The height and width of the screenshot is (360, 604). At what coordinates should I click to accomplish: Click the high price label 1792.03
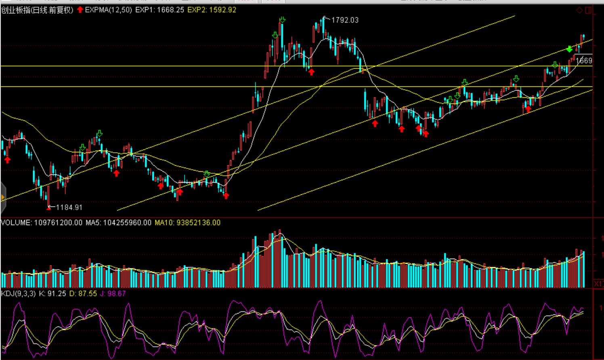coord(344,20)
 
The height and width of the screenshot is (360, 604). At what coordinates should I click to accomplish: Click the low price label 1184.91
coord(69,208)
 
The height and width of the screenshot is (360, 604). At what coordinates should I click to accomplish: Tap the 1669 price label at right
coord(584,61)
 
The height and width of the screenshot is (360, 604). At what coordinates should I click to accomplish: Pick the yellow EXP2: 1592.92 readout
coord(212,10)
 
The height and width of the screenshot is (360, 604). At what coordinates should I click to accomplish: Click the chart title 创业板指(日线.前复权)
coord(37,10)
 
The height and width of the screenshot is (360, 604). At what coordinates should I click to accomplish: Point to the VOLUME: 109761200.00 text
coord(42,223)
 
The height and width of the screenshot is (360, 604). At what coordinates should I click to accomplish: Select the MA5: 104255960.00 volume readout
coord(118,223)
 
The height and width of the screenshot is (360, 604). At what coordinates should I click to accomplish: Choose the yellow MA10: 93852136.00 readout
coord(187,223)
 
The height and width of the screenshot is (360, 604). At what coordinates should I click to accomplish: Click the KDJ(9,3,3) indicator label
coord(18,294)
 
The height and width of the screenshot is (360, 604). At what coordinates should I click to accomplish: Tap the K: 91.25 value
coord(52,294)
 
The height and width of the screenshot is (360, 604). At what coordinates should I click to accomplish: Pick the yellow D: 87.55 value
coord(83,294)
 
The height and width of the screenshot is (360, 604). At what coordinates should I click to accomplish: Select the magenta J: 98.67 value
coord(113,294)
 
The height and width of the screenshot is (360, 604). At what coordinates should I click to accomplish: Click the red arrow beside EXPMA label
coord(80,10)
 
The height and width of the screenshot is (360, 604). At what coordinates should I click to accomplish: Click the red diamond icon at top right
coord(579,10)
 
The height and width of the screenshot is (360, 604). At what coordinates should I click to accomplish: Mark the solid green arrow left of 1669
coord(569,49)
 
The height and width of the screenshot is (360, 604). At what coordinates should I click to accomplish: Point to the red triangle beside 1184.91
coord(49,208)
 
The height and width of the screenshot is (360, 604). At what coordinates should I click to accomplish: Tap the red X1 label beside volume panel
coord(598,284)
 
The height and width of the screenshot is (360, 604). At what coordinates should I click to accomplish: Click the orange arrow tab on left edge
coord(2,198)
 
